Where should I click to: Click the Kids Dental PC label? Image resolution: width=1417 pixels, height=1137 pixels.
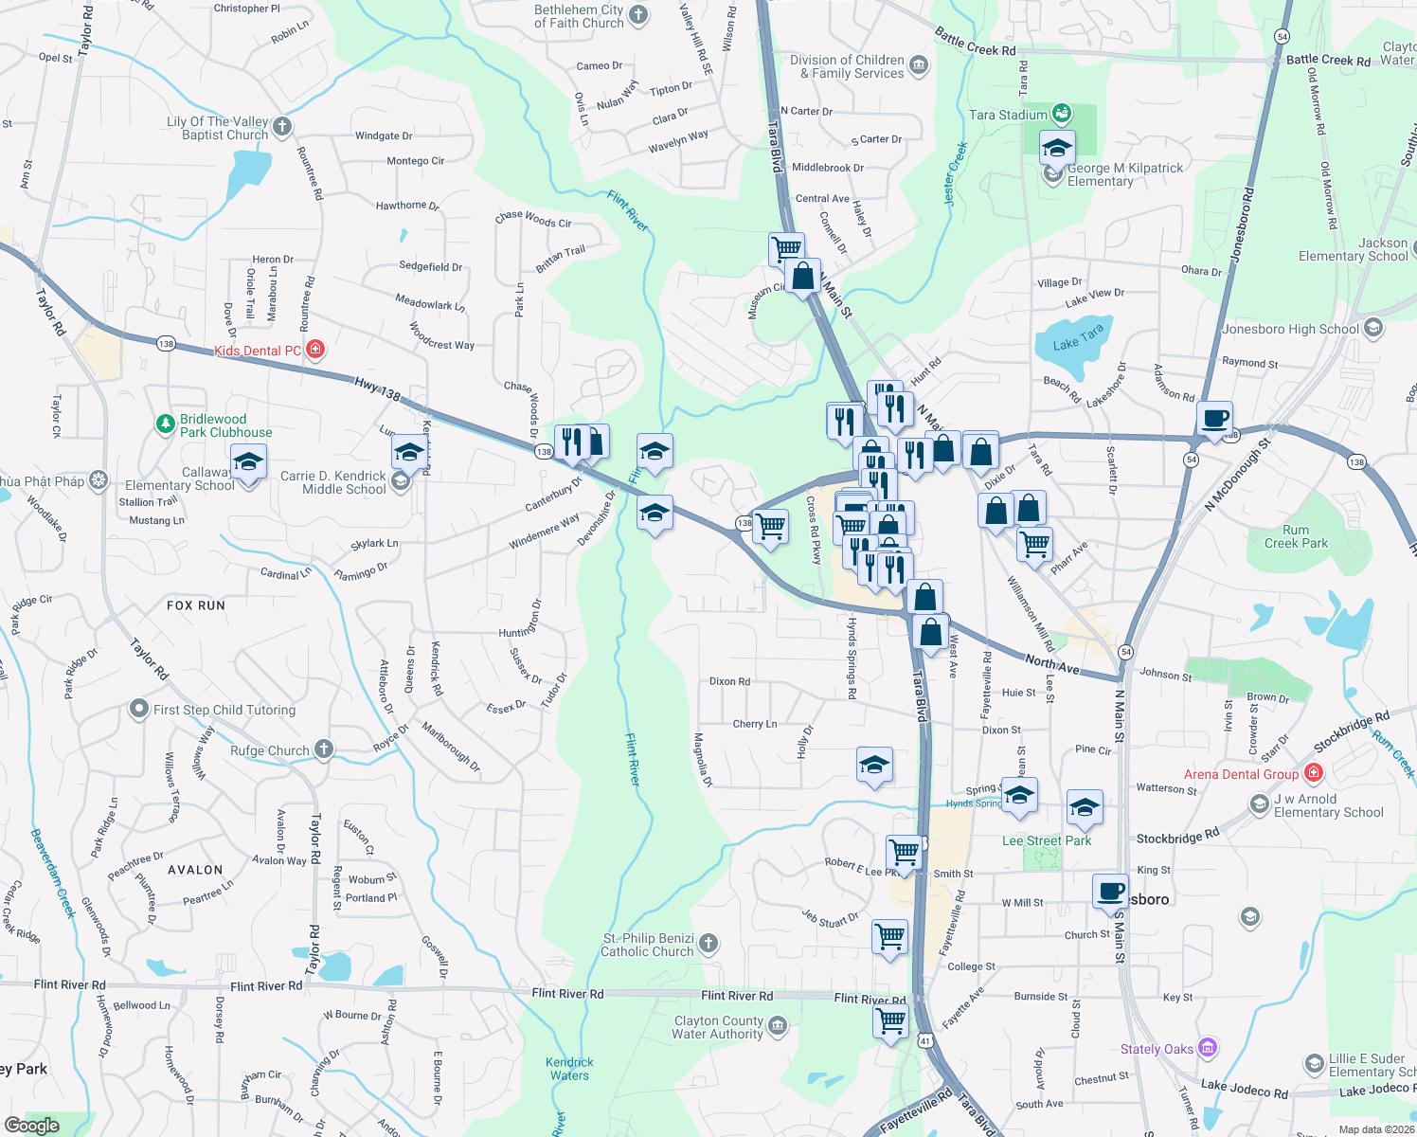(258, 351)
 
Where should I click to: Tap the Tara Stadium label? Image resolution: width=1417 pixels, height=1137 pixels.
(1008, 115)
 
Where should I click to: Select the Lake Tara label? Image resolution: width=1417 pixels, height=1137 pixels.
(1079, 338)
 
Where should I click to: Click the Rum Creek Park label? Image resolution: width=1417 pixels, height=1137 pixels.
(1296, 537)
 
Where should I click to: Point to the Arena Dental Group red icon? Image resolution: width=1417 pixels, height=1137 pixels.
(1313, 773)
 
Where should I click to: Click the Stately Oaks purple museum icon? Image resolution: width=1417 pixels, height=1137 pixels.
(1207, 1048)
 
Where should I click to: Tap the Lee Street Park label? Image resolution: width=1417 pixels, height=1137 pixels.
(1047, 840)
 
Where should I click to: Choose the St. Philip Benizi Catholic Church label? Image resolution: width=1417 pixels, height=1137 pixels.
(648, 945)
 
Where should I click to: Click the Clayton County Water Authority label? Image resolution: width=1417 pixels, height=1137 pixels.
(718, 1027)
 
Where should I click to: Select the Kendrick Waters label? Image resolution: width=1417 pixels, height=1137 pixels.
(569, 1069)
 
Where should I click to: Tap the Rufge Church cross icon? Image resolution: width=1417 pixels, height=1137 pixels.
(324, 749)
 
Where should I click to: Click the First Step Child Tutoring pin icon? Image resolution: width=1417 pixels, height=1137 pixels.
(139, 709)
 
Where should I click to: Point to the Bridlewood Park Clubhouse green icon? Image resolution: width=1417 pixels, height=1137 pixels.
(166, 424)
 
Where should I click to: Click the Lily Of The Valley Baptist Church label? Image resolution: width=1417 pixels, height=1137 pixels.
(218, 128)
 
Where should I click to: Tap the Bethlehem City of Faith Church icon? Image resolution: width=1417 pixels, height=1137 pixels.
(638, 14)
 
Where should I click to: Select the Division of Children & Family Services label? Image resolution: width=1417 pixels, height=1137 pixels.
(847, 66)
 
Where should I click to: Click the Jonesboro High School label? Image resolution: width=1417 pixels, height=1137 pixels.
(1290, 329)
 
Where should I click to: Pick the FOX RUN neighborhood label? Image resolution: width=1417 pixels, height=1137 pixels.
(196, 605)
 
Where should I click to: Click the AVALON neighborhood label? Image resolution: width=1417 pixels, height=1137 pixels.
(195, 870)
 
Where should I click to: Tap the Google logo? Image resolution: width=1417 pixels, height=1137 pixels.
(31, 1125)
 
